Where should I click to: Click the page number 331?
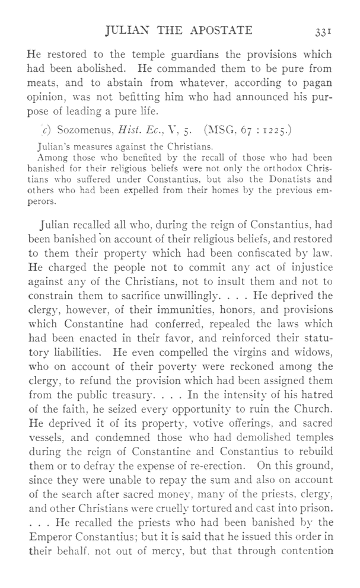pyautogui.click(x=320, y=30)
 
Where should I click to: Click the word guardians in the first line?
pyautogui.click(x=172, y=55)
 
